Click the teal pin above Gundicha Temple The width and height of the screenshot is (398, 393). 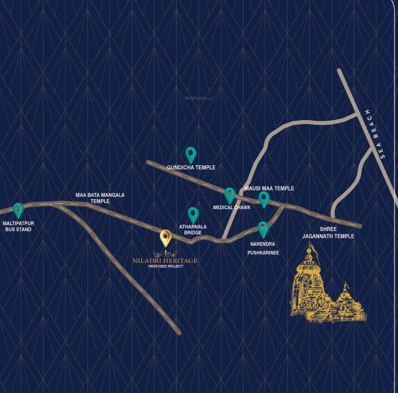(x=190, y=155)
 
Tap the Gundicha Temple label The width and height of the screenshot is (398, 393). (x=191, y=168)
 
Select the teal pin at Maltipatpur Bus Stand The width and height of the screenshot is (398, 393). (x=18, y=210)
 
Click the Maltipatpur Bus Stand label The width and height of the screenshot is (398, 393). (x=17, y=226)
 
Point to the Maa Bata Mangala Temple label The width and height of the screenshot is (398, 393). (x=99, y=198)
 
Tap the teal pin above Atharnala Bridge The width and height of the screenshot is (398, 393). (x=193, y=214)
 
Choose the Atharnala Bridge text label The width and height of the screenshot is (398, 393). (x=193, y=230)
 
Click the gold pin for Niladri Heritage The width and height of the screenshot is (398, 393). (x=166, y=238)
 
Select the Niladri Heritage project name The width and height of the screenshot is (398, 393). (x=165, y=261)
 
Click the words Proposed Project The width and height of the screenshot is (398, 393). (x=165, y=267)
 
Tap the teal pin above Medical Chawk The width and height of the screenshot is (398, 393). (x=230, y=195)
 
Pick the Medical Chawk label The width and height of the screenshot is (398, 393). (x=232, y=208)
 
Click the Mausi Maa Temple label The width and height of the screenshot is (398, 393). (x=269, y=189)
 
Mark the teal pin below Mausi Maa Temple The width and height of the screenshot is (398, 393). (x=264, y=199)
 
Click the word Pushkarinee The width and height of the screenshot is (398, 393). (x=263, y=253)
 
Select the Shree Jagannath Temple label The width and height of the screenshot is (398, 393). (x=328, y=232)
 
